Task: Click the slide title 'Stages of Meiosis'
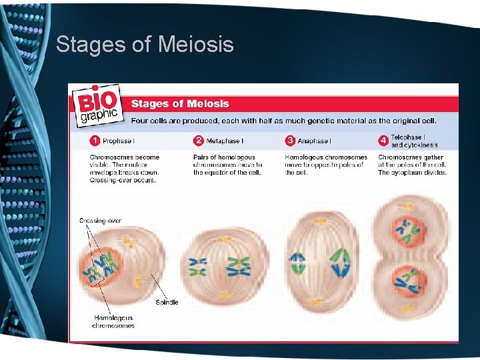145,45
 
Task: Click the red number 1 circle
95,141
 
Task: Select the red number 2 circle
198,141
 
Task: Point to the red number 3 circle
290,141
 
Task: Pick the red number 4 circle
383,141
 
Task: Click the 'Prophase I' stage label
118,141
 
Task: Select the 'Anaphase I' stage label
314,141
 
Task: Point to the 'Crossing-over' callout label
100,221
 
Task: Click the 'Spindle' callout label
167,302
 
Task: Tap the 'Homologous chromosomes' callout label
114,322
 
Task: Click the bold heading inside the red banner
180,104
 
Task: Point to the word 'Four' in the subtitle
140,121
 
